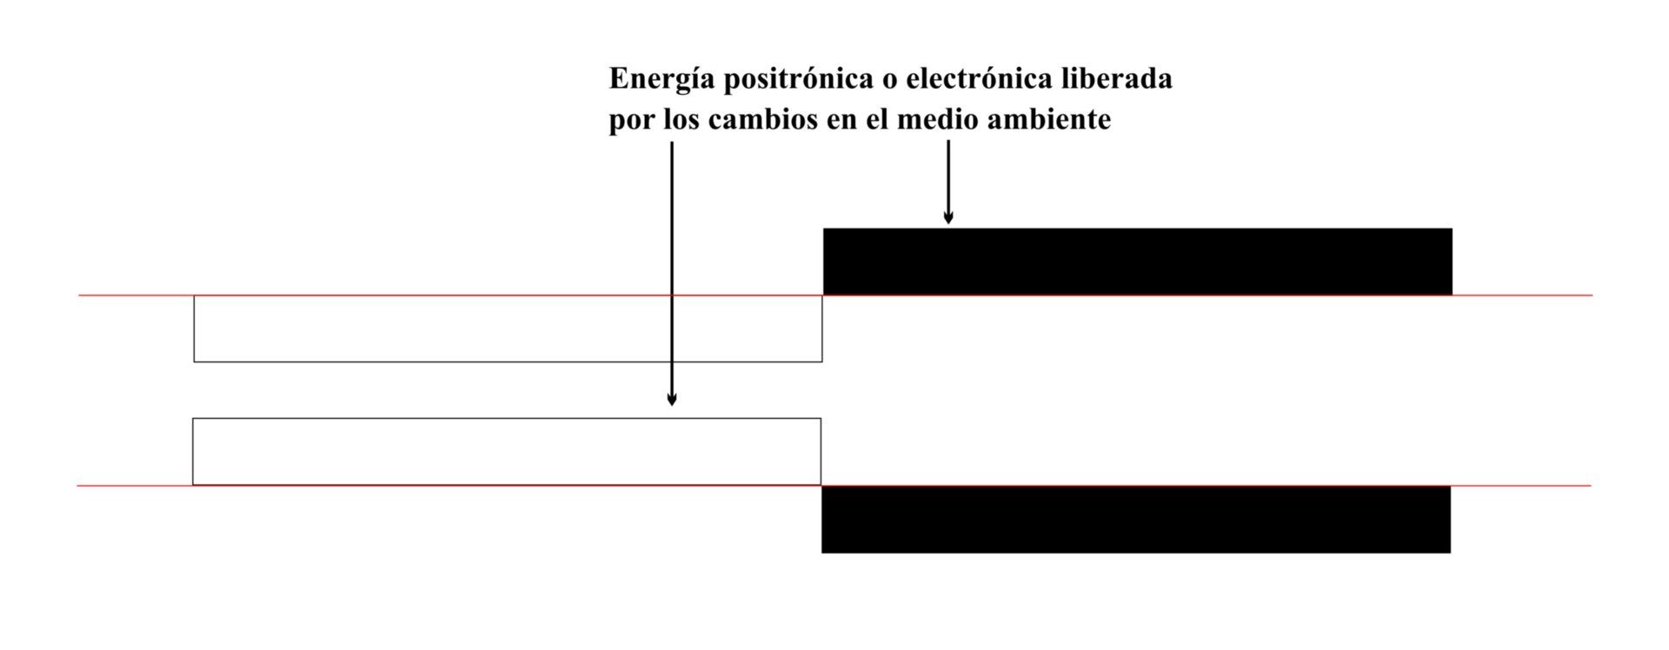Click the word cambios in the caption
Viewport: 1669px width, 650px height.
[x=764, y=119]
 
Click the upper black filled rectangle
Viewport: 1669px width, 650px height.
[x=1138, y=262]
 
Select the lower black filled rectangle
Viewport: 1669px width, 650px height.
[x=1136, y=519]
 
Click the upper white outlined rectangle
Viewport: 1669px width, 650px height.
[x=508, y=361]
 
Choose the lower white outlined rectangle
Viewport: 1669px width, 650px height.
[x=507, y=419]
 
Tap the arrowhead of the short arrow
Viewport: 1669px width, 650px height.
[x=948, y=219]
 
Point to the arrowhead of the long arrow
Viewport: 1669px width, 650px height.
[x=671, y=400]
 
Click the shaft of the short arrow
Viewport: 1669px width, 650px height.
[x=948, y=178]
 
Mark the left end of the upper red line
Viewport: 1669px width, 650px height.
[x=79, y=295]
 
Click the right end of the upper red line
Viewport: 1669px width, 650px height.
[x=1593, y=295]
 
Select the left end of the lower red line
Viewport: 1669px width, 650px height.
[x=77, y=486]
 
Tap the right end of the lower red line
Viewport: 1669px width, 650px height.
[x=1591, y=486]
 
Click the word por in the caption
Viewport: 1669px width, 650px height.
[x=632, y=121]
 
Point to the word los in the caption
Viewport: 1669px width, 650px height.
[x=682, y=119]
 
